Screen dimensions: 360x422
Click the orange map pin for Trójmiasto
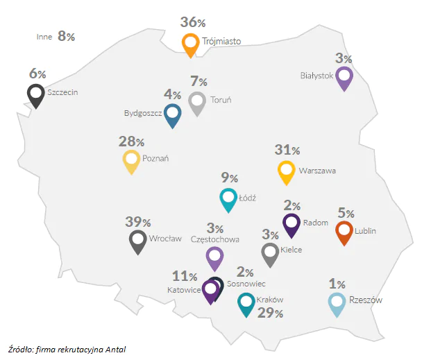[191, 44]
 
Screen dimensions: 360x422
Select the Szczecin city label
[62, 91]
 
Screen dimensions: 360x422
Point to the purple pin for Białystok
[344, 78]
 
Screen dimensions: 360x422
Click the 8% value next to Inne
[66, 36]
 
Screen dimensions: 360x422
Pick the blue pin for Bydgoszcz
[173, 114]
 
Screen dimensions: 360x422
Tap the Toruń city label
[221, 100]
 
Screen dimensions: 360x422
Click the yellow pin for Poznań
[131, 161]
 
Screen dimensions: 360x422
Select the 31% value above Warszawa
[287, 150]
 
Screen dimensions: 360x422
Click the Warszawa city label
[317, 170]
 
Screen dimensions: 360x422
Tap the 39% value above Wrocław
[138, 222]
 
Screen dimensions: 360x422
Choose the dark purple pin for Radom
[292, 224]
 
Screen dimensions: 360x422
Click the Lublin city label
[364, 231]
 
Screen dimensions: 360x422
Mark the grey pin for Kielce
[270, 253]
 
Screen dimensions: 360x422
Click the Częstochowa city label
[214, 239]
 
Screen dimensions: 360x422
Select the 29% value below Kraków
[270, 313]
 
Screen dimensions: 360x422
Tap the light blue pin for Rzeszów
[336, 303]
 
